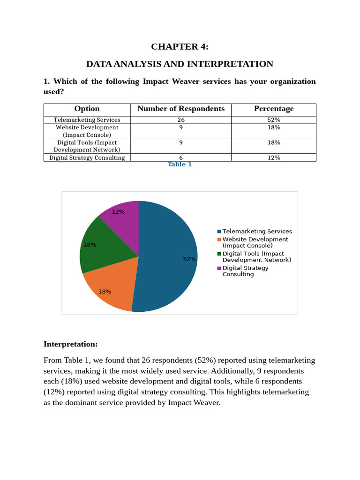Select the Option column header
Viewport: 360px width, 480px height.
87,109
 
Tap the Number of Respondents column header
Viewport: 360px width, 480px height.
181,109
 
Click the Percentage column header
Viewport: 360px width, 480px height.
274,109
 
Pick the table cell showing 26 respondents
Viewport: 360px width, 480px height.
181,120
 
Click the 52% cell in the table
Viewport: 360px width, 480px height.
274,120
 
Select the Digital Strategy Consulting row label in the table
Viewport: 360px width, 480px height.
87,158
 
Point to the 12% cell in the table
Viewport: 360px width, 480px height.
274,158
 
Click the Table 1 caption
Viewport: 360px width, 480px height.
180,165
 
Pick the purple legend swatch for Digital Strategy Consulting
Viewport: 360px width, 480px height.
219,268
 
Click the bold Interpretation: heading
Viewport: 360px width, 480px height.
71,345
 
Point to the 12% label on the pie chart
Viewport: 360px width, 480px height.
118,212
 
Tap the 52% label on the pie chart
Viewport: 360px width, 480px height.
189,259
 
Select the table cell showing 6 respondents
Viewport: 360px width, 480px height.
181,158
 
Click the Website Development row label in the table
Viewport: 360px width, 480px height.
87,131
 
